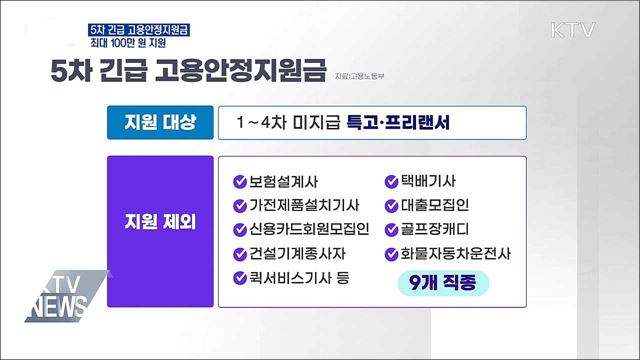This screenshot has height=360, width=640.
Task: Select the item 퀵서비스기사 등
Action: tap(298, 277)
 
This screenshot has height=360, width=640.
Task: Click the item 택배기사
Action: tap(430, 182)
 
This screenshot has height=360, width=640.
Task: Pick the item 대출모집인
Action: tap(437, 206)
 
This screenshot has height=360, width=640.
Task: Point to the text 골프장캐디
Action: tap(437, 229)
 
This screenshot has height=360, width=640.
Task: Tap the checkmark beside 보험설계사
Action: tap(240, 182)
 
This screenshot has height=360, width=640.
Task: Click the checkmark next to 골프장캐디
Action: tap(393, 229)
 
